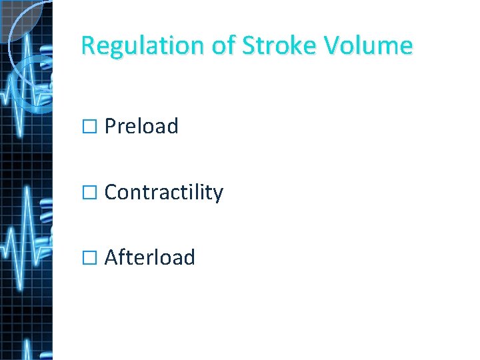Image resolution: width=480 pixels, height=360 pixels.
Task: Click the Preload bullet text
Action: point(141,126)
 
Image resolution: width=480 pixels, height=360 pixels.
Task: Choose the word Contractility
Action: point(164,192)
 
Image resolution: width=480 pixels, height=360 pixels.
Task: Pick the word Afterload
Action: point(149,257)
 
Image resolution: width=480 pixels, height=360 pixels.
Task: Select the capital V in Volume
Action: point(333,46)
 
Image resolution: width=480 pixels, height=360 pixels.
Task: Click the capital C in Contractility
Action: point(111,192)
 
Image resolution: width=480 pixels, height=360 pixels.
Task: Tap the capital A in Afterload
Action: point(111,257)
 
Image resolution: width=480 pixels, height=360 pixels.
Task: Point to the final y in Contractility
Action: point(218,194)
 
